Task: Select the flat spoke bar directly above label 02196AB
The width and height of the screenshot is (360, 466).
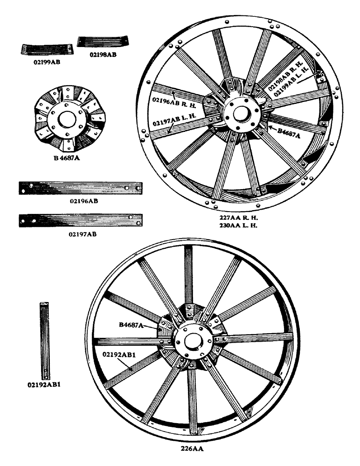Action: coord(80,188)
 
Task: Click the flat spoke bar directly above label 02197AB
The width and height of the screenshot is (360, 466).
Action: coord(80,219)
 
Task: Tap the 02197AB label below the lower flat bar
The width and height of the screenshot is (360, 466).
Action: coord(83,233)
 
